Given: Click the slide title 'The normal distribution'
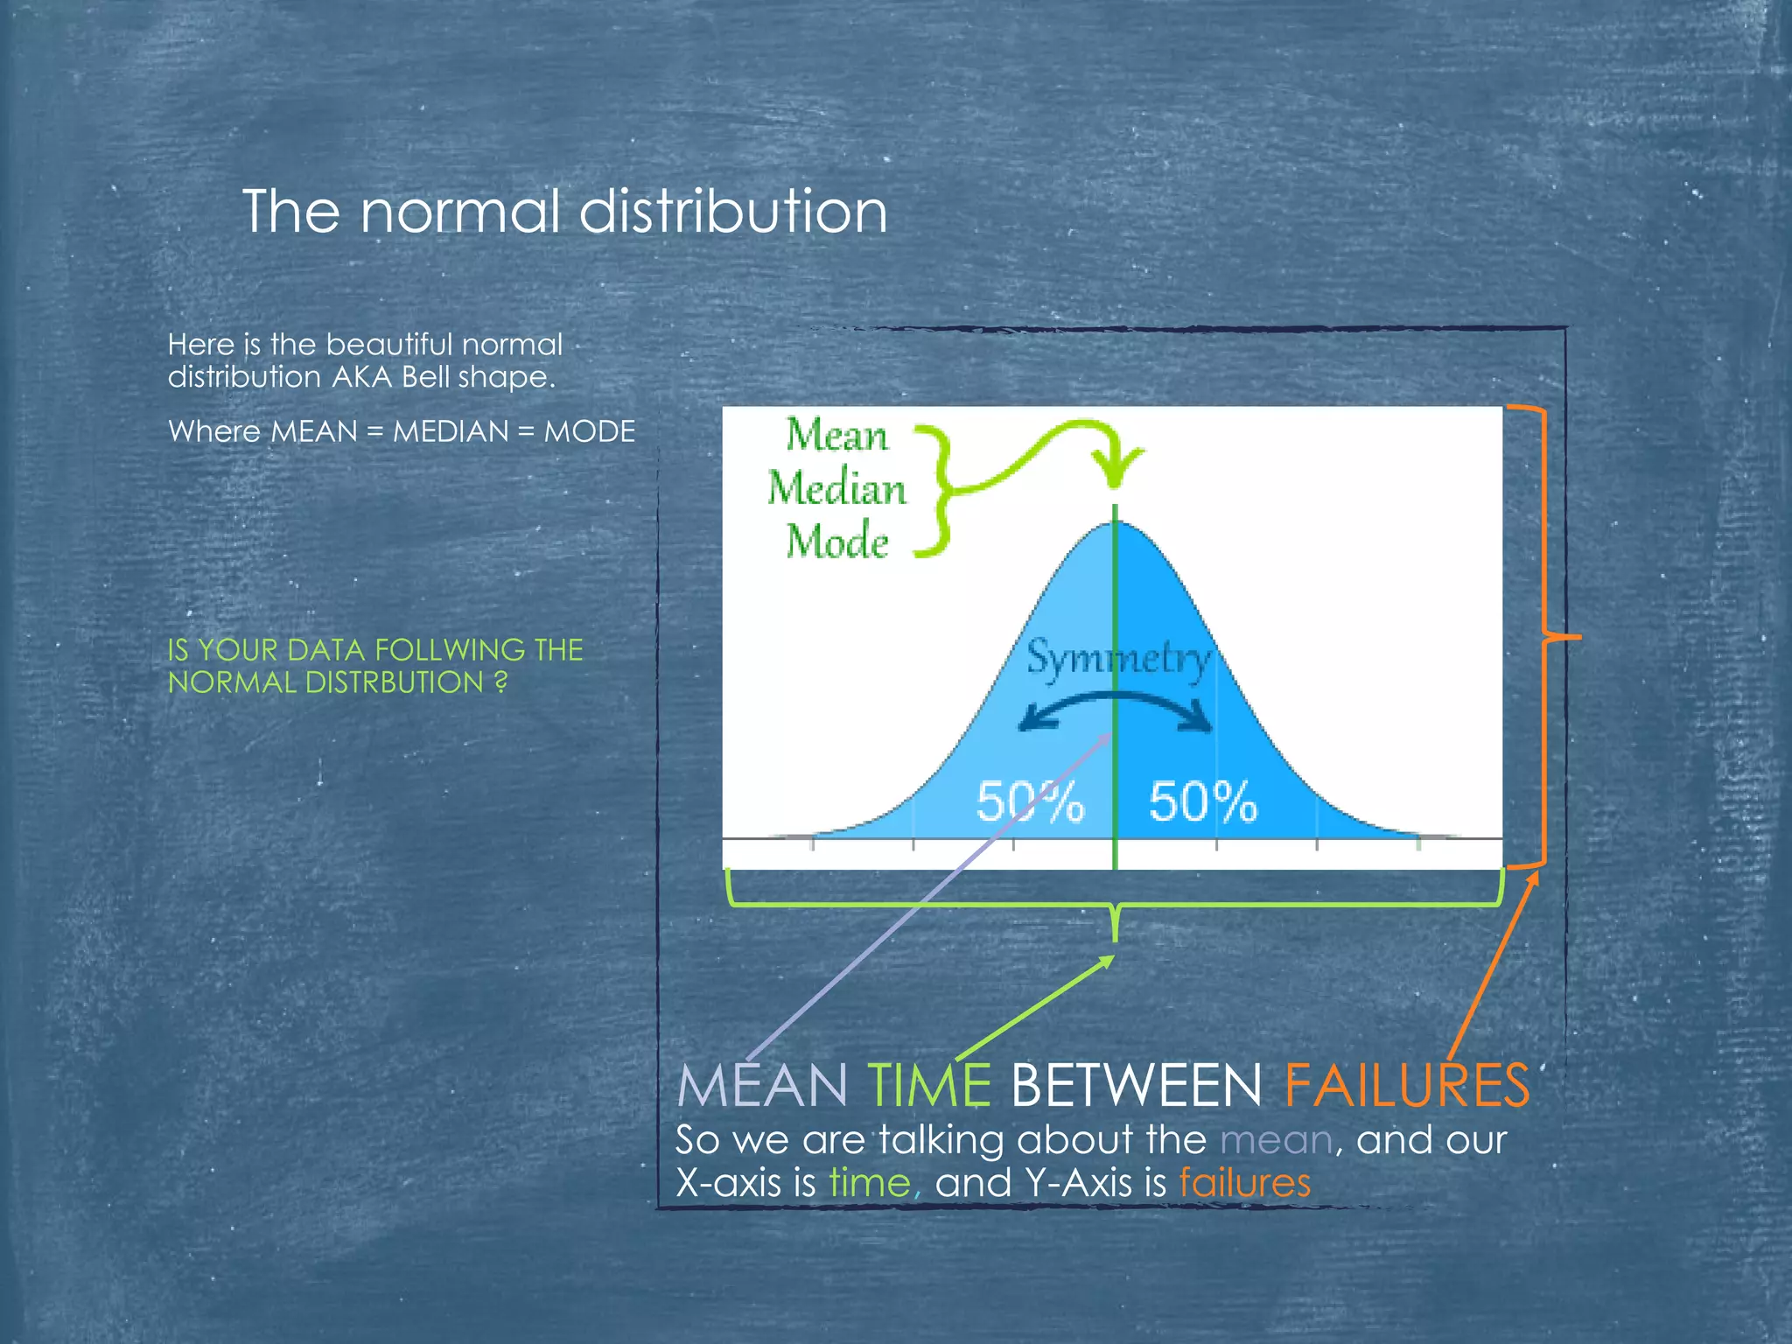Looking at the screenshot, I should (564, 212).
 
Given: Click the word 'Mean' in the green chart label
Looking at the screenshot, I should (836, 435).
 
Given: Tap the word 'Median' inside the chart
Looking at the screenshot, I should (836, 488).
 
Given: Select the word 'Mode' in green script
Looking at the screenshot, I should (836, 541).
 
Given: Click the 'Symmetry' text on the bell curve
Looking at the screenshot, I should (1119, 657).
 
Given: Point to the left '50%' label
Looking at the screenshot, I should (1030, 801).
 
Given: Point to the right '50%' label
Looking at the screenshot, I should (1203, 801).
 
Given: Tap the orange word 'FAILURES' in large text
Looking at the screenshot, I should (1406, 1086).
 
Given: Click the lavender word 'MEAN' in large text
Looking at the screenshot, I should (761, 1086).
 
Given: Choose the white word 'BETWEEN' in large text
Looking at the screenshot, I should (1136, 1086).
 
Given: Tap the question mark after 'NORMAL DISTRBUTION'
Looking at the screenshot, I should (500, 682).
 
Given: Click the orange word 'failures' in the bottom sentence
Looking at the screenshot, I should (1244, 1183).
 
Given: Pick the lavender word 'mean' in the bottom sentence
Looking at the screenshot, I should (1276, 1140).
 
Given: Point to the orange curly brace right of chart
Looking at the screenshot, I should (1543, 637).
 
